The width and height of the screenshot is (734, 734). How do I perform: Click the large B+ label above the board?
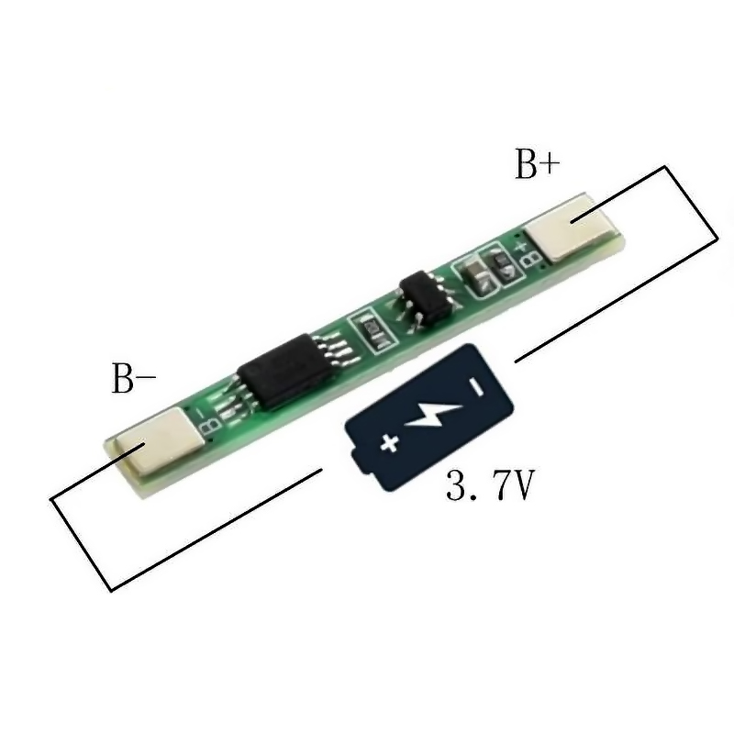tap(537, 164)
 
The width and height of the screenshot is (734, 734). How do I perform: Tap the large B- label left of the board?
tap(133, 378)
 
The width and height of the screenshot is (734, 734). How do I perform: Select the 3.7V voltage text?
tap(490, 485)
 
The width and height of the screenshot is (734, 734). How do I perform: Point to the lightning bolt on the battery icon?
tap(432, 414)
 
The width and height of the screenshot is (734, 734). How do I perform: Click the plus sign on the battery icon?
tap(389, 443)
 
